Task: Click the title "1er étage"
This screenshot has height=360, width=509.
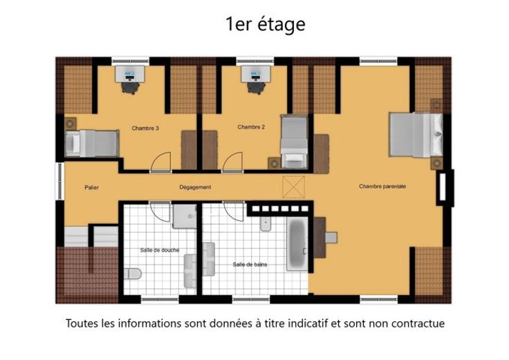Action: (x=266, y=24)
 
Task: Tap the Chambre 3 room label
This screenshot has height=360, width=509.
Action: (x=145, y=128)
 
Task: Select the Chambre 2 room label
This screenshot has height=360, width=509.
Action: (x=251, y=127)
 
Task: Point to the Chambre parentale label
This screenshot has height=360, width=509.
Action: (x=382, y=186)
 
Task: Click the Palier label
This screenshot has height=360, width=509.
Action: (x=91, y=187)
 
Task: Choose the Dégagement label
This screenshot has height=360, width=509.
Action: (x=195, y=187)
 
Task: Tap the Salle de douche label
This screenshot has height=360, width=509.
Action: (x=160, y=250)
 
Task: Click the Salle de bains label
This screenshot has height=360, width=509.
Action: (x=250, y=265)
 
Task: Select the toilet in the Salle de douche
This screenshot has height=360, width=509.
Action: (x=133, y=274)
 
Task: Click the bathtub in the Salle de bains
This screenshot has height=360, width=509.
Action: (x=297, y=243)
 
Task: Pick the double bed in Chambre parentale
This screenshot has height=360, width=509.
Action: (x=416, y=135)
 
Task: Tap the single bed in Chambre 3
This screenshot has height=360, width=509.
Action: (x=92, y=143)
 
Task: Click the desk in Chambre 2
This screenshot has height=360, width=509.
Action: (x=255, y=74)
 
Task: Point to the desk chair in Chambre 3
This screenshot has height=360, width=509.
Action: (x=131, y=88)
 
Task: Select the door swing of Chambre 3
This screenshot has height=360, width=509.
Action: (x=161, y=161)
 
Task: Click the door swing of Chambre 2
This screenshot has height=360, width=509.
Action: (x=233, y=161)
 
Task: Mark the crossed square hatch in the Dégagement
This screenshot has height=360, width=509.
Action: (x=293, y=187)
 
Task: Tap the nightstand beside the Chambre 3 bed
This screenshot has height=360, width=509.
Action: (x=70, y=124)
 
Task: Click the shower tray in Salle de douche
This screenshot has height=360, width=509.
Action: (x=185, y=216)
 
